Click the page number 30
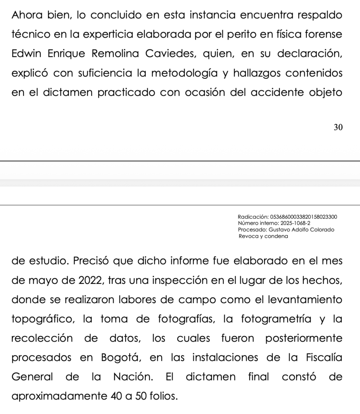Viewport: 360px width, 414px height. coord(338,128)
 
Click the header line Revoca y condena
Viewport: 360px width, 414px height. coord(263,236)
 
